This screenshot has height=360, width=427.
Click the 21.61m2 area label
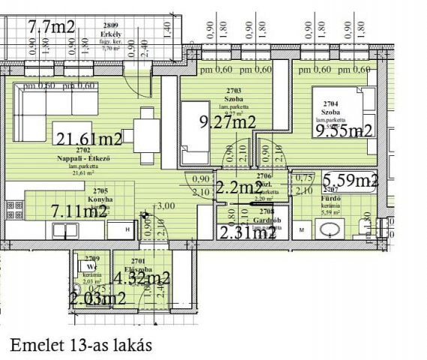(89, 139)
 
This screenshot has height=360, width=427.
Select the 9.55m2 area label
(344, 131)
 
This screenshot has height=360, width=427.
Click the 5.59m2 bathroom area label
(350, 181)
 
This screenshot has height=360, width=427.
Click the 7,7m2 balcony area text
(51, 28)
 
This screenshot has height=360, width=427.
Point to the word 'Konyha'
(99, 199)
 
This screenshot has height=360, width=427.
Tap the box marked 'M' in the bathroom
(302, 228)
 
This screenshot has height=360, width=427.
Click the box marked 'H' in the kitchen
(128, 229)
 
